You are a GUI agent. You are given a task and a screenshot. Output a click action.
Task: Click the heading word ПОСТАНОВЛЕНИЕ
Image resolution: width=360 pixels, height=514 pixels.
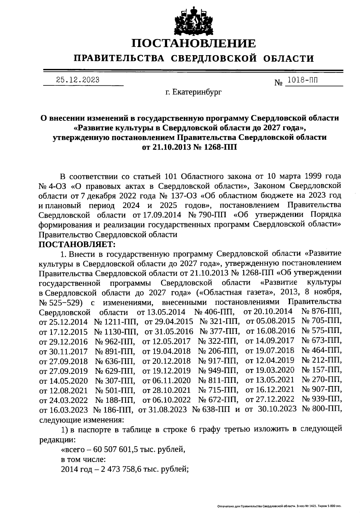click(194, 44)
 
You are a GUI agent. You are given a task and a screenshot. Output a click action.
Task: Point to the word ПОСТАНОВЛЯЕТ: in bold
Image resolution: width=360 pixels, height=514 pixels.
click(77, 244)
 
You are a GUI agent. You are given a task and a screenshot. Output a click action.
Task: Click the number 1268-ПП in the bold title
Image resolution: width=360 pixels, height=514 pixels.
click(220, 147)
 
